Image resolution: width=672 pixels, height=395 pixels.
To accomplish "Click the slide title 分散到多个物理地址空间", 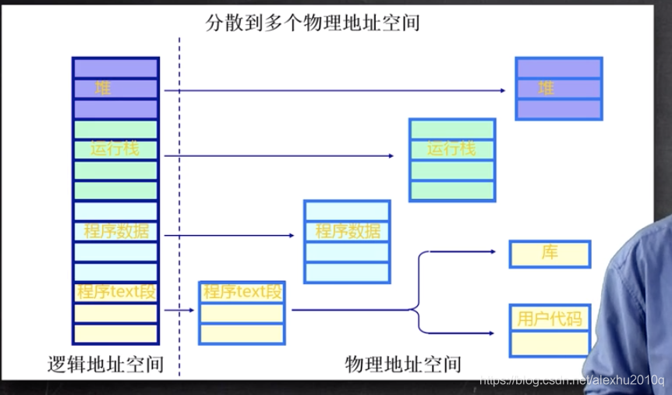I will [x=312, y=22].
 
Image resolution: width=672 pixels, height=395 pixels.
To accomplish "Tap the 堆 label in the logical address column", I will [x=103, y=88].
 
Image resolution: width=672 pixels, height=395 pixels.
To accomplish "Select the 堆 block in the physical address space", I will [x=546, y=88].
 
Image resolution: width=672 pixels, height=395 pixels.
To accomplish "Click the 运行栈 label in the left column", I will [x=115, y=148].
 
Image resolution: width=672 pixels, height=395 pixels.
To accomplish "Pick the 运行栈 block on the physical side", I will [x=451, y=148].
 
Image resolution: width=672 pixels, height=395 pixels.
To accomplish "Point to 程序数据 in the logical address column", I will [x=115, y=231].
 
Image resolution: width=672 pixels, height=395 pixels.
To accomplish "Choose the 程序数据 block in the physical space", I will [x=348, y=231].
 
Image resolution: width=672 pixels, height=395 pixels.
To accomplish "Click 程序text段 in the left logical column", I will [x=115, y=292].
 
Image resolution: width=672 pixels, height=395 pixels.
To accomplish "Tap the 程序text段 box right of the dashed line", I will [x=242, y=292].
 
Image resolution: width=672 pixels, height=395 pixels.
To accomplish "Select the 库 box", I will [x=550, y=254].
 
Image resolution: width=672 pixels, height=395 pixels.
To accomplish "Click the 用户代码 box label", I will [x=549, y=318].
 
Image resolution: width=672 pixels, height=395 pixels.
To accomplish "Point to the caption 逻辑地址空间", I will [x=105, y=363].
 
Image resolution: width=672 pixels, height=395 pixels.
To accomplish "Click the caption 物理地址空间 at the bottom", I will [x=402, y=363].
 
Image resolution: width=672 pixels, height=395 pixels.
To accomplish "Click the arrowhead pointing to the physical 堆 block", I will [x=502, y=91].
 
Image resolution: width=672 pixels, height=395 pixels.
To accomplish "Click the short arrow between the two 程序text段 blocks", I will [x=180, y=310].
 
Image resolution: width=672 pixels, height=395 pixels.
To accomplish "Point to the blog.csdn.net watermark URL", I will [x=570, y=379].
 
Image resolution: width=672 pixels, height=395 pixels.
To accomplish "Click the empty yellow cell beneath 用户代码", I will [x=549, y=343].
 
